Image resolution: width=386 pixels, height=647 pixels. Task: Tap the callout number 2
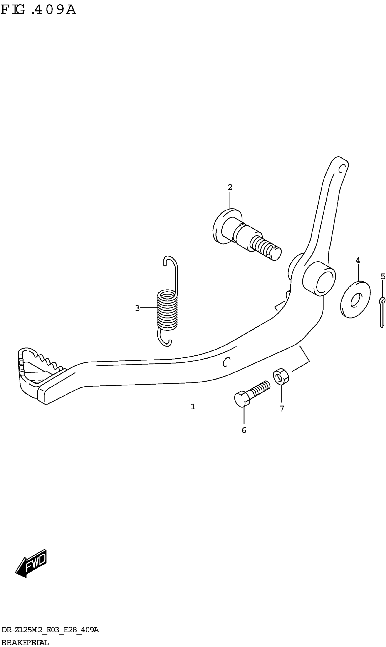click(x=230, y=187)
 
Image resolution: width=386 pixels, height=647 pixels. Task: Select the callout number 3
click(x=137, y=308)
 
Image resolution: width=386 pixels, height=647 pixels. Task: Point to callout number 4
click(x=358, y=260)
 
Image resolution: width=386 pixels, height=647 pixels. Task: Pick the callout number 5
click(x=383, y=276)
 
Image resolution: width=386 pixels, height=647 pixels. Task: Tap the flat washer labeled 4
click(x=355, y=299)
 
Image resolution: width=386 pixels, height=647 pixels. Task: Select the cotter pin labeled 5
click(x=382, y=312)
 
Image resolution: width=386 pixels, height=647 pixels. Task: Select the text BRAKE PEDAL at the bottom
click(x=25, y=643)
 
